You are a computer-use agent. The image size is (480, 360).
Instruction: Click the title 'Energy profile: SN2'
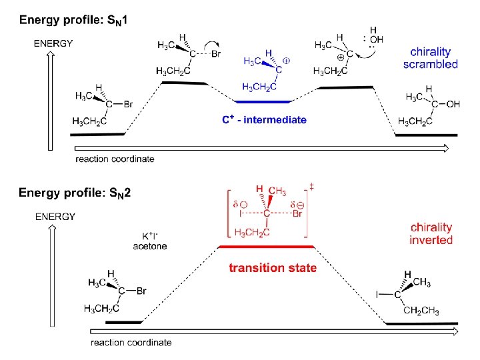tap(75, 193)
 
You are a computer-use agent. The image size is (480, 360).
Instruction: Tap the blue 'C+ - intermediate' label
tap(264, 120)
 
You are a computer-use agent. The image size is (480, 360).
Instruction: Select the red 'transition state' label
tap(273, 268)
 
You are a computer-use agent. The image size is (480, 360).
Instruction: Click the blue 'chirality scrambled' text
tap(431, 58)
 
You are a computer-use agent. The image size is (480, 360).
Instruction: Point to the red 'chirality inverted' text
tap(431, 233)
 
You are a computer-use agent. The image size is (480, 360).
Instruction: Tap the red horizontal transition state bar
tap(267, 247)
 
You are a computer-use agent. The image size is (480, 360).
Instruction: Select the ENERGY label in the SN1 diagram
tap(53, 43)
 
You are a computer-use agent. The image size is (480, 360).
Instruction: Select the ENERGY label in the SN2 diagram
tap(55, 216)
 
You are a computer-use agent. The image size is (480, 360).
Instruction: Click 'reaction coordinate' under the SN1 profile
tap(115, 159)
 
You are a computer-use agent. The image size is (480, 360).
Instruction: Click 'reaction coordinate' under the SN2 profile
tap(131, 343)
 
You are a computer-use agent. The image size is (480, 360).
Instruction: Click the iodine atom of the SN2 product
tap(377, 294)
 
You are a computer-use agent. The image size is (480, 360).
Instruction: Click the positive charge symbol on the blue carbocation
tap(286, 60)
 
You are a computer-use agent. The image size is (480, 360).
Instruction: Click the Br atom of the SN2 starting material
tap(141, 291)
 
